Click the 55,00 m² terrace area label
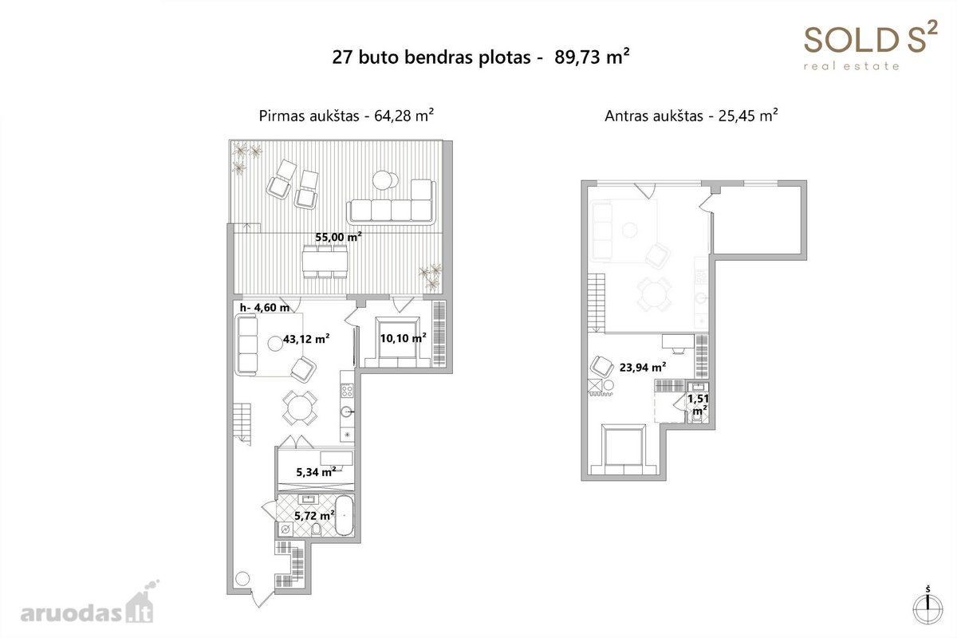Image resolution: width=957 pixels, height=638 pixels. [338, 237]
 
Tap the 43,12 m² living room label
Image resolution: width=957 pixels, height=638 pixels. [306, 339]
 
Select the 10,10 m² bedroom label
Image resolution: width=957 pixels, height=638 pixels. [403, 338]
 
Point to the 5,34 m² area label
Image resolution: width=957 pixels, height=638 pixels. [316, 472]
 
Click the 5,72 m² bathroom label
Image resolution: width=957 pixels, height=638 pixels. [314, 516]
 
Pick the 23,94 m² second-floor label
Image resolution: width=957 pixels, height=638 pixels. [643, 368]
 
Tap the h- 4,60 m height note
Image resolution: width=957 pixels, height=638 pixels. [265, 308]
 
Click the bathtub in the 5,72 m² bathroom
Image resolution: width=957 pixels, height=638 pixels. [345, 515]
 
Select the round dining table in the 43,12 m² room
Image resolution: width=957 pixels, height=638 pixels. [300, 408]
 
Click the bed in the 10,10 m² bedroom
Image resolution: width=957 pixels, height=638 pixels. [397, 342]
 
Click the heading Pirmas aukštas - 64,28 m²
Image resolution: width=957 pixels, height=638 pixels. [346, 116]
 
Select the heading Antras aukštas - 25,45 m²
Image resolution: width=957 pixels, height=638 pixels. [691, 116]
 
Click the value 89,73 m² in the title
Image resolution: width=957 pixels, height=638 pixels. [592, 57]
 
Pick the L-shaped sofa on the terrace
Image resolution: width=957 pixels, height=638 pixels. [392, 202]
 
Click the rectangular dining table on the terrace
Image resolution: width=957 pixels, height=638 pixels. [325, 262]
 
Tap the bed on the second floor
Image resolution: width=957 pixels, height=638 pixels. [624, 450]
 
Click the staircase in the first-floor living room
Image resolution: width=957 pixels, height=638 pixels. [242, 424]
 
